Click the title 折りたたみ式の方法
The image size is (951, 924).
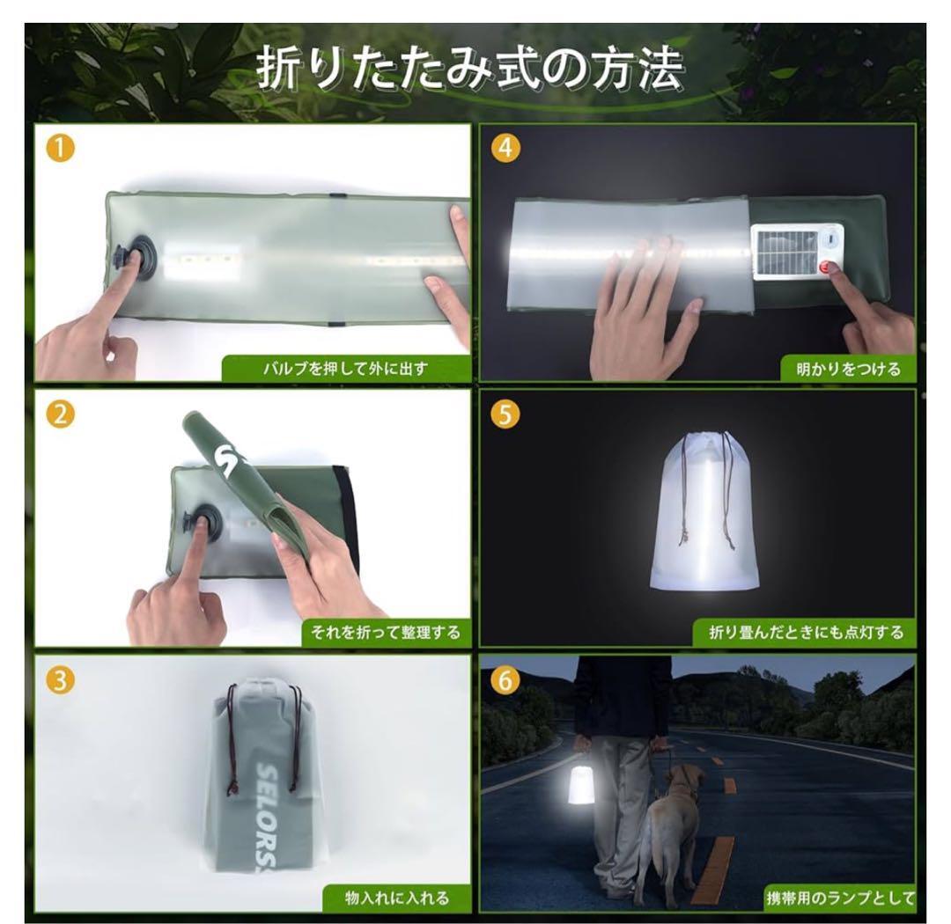coord(470,70)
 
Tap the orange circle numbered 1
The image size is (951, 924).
coord(60,148)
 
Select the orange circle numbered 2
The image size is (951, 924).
coord(60,414)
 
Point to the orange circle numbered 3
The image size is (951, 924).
coord(60,680)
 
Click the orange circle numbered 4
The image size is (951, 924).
coord(505,148)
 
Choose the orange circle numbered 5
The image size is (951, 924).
coord(505,414)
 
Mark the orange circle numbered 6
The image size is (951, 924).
coord(505,680)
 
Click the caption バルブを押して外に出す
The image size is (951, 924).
coord(345,368)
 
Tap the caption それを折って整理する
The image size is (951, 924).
coord(385,633)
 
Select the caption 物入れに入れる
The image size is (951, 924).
coord(396,898)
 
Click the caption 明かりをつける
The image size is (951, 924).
coord(849,368)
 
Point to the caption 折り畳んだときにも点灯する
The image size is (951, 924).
coord(806,633)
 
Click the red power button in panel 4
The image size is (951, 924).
coord(827,266)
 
